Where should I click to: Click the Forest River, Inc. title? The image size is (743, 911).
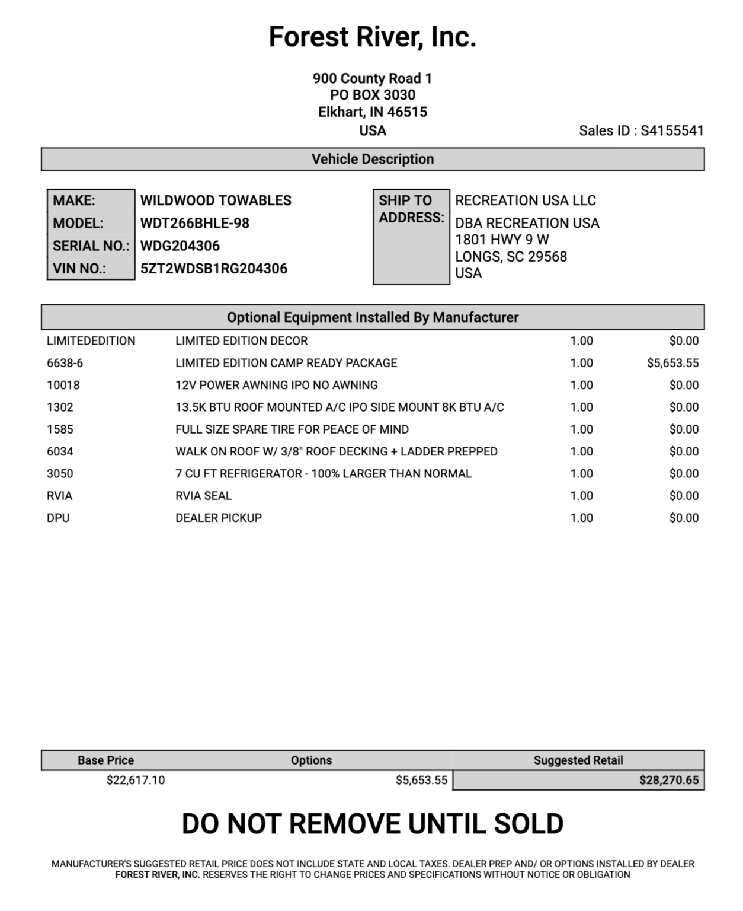(372, 37)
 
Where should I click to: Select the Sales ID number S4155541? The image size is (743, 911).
(672, 130)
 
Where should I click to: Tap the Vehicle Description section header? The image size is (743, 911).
(372, 159)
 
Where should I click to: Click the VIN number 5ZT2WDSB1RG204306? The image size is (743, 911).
(213, 269)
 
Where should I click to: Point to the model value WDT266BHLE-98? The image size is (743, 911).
(194, 223)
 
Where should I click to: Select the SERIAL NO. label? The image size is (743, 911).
(91, 246)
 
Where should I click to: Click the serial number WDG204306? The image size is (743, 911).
(180, 246)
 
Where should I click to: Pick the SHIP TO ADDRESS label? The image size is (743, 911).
(411, 209)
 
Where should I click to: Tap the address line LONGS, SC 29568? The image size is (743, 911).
(511, 256)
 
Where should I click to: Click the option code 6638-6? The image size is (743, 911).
(65, 363)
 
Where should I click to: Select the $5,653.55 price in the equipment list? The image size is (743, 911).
(672, 363)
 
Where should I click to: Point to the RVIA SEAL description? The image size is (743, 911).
(203, 496)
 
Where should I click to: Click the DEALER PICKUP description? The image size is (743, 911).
(218, 518)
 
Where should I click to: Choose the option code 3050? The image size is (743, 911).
(60, 473)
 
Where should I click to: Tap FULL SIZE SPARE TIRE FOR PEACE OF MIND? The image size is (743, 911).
(292, 429)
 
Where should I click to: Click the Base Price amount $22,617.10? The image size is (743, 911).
(136, 780)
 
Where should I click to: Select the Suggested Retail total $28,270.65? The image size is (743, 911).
(669, 780)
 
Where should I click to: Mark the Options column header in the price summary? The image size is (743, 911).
(311, 760)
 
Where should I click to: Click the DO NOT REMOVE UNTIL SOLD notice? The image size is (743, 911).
(372, 824)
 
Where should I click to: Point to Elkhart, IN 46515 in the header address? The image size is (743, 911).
(372, 112)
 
